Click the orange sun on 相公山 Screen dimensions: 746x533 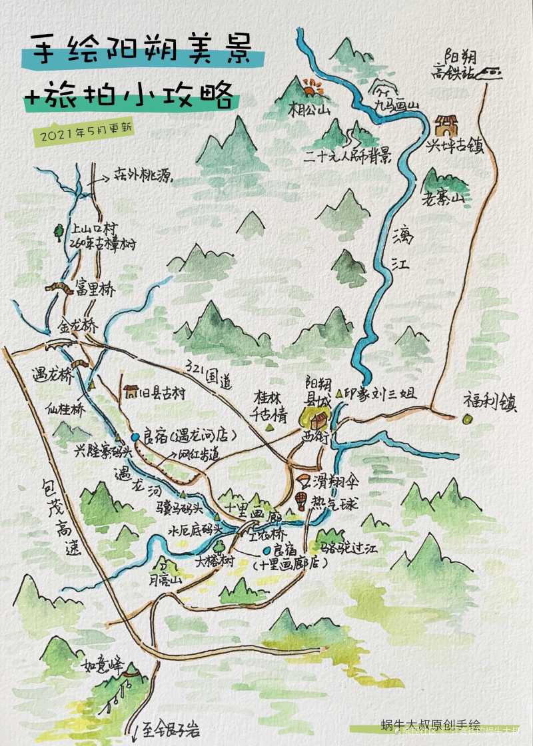[x=310, y=87]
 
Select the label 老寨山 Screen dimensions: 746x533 [x=447, y=198]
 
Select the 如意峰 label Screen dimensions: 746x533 [x=99, y=666]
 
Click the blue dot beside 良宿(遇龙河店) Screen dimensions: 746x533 [x=135, y=436]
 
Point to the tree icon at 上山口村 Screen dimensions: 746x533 [x=59, y=231]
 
